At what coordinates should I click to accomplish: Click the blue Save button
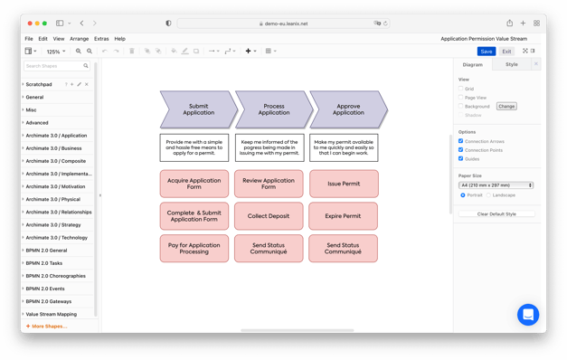[487, 52]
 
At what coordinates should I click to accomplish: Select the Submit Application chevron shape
[198, 109]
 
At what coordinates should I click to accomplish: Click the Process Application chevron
[273, 109]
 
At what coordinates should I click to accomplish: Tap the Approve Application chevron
[348, 109]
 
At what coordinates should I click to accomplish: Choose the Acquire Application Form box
[194, 184]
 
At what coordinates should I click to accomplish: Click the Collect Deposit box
[269, 216]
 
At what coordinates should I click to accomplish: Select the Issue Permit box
[344, 184]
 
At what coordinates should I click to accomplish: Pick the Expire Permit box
[343, 216]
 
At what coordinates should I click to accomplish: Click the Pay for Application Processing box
[194, 249]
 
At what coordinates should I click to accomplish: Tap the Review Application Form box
[269, 184]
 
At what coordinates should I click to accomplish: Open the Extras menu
[101, 39]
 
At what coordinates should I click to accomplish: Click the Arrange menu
[79, 39]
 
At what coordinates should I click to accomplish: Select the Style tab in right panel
[512, 64]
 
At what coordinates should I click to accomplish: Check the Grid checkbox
[461, 89]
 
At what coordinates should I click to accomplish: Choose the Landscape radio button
[489, 195]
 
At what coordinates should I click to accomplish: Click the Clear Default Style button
[496, 214]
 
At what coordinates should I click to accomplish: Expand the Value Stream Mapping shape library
[52, 314]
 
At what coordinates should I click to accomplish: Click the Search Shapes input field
[53, 66]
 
